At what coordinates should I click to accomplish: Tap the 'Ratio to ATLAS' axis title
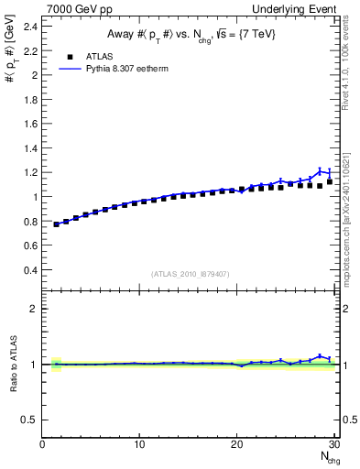pos(12,364)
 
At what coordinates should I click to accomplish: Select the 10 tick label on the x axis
pos(139,444)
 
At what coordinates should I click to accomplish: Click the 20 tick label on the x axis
pos(237,444)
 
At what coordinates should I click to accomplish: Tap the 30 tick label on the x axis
pos(334,444)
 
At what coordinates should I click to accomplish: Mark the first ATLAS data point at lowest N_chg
pos(57,224)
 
